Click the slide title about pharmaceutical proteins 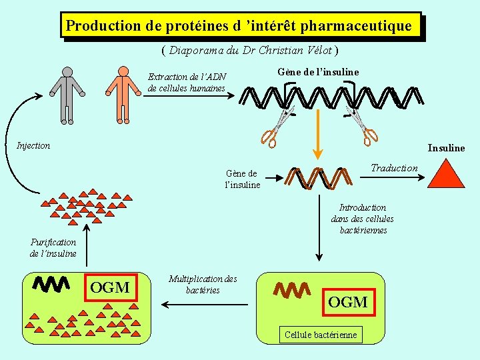(239, 26)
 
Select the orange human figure (122, 95)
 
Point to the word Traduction (394, 168)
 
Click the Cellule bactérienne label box (321, 335)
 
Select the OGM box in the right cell (348, 302)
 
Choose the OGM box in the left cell (110, 287)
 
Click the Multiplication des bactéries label (203, 284)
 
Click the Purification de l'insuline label (53, 248)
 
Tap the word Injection (33, 145)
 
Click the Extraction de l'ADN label (187, 83)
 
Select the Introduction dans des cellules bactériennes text (363, 219)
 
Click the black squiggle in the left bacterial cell (51, 285)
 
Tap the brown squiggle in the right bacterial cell (293, 290)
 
